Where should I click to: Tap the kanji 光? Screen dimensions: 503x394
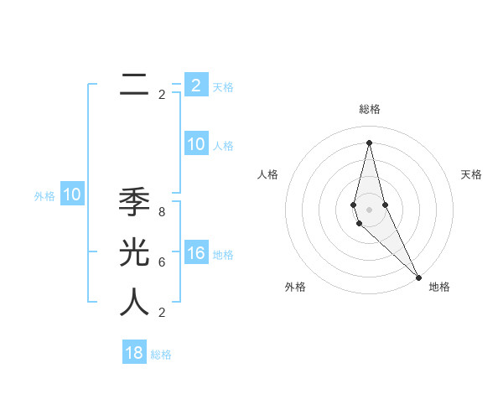[134, 252]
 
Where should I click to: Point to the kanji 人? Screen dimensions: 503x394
[134, 303]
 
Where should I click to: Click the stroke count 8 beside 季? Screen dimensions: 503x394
[162, 212]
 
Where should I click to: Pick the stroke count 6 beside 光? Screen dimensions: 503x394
[162, 262]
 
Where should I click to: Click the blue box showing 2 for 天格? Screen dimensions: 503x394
[195, 85]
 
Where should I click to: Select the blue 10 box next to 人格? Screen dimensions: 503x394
[195, 144]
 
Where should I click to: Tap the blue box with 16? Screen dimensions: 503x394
[195, 253]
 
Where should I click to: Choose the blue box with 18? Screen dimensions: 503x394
[134, 353]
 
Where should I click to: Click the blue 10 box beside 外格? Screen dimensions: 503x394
[72, 195]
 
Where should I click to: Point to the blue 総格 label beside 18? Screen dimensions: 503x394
[161, 355]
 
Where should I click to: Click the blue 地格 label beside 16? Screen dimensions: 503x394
[223, 255]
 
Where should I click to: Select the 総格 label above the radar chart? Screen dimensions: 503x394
[370, 109]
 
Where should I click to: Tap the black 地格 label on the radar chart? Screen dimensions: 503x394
[439, 287]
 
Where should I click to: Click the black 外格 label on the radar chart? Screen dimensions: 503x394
[295, 287]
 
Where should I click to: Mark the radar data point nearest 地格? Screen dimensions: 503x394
[418, 277]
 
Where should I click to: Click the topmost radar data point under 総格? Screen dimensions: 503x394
[369, 142]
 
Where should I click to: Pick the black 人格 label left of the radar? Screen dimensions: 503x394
[267, 174]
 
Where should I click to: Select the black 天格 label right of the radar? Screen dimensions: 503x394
[471, 174]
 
